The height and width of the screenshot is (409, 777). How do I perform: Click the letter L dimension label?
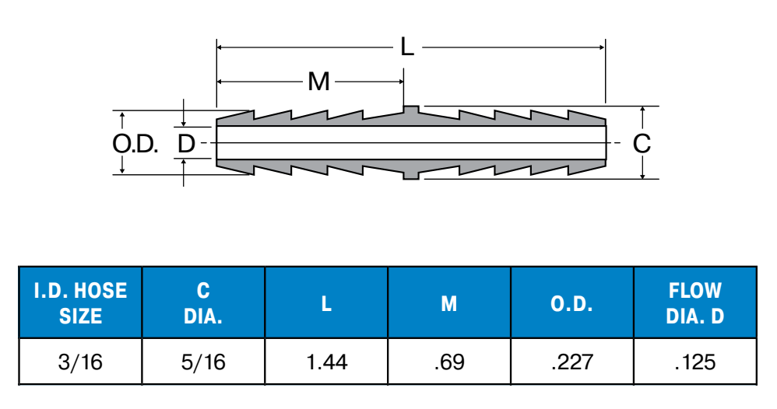point(407,47)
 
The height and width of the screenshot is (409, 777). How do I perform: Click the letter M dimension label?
point(318,81)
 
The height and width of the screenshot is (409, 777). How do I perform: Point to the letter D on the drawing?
point(185,144)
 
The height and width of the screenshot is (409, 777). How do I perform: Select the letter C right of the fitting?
point(642,144)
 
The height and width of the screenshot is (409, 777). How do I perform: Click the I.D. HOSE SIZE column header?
point(80,303)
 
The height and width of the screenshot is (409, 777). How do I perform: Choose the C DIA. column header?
point(203,303)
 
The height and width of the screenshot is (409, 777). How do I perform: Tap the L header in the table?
point(326,303)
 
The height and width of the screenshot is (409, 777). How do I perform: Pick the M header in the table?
point(449,303)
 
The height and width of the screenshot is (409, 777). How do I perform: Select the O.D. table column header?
point(572,303)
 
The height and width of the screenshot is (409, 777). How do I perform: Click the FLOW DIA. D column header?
point(695,303)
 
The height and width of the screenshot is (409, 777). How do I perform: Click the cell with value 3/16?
point(80,362)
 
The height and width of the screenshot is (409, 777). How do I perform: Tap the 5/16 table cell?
point(203,362)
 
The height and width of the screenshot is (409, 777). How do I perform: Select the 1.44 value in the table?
point(326,362)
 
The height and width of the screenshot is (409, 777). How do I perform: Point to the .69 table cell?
point(449,362)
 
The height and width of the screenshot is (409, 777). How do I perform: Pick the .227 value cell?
point(572,362)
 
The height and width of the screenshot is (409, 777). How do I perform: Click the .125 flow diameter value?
point(695,362)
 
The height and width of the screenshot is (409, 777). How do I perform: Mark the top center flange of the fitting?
point(411,110)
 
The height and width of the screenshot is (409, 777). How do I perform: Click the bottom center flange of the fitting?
point(411,176)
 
